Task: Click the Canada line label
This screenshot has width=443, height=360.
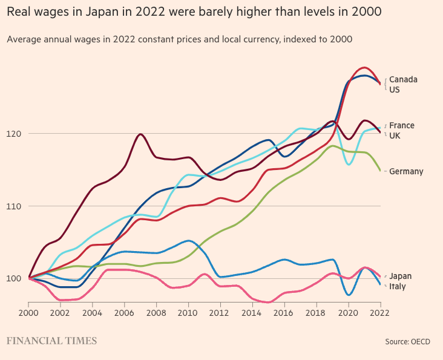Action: (403, 79)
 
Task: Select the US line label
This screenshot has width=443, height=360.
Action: (395, 90)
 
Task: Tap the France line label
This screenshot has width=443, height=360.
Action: (402, 125)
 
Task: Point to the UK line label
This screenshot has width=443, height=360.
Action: (395, 136)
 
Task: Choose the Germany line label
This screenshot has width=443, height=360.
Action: (406, 171)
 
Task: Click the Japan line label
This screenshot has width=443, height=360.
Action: (400, 276)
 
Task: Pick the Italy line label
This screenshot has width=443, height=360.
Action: (398, 286)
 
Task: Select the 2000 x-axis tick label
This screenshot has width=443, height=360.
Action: (29, 313)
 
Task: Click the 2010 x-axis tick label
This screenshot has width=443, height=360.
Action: (188, 313)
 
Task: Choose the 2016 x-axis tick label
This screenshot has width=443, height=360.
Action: (283, 313)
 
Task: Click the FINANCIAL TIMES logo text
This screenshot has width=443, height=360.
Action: (51, 341)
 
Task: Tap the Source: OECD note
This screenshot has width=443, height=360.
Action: (407, 342)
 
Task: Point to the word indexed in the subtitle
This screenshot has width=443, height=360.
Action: (287, 39)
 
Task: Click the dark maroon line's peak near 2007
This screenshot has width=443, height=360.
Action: (140, 134)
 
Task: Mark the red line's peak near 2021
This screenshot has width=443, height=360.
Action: (364, 67)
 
